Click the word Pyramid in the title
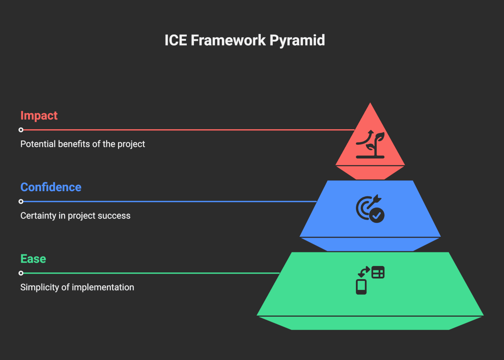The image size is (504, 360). pyautogui.click(x=297, y=41)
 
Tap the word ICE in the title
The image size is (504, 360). pyautogui.click(x=176, y=40)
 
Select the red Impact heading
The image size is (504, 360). pyautogui.click(x=39, y=116)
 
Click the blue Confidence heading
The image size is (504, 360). pyautogui.click(x=51, y=187)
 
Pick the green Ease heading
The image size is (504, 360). pyautogui.click(x=33, y=259)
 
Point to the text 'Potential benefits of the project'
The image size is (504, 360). pyautogui.click(x=82, y=144)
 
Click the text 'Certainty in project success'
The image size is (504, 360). pyautogui.click(x=75, y=216)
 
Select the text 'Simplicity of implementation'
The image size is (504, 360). pyautogui.click(x=77, y=287)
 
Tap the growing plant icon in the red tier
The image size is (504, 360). pyautogui.click(x=370, y=144)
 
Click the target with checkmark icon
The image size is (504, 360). pyautogui.click(x=370, y=208)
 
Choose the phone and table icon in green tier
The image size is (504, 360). pyautogui.click(x=370, y=280)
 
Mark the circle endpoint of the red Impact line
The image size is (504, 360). pyautogui.click(x=21, y=130)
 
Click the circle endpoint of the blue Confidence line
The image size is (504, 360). pyautogui.click(x=21, y=201)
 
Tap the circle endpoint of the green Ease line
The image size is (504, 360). pyautogui.click(x=21, y=273)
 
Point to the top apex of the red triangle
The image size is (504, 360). pyautogui.click(x=370, y=103)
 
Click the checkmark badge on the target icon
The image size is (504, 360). pyautogui.click(x=377, y=216)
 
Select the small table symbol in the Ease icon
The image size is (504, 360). pyautogui.click(x=378, y=272)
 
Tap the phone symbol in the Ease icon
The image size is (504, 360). pyautogui.click(x=361, y=287)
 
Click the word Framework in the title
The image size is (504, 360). pyautogui.click(x=228, y=40)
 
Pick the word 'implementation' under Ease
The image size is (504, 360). pyautogui.click(x=103, y=287)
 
